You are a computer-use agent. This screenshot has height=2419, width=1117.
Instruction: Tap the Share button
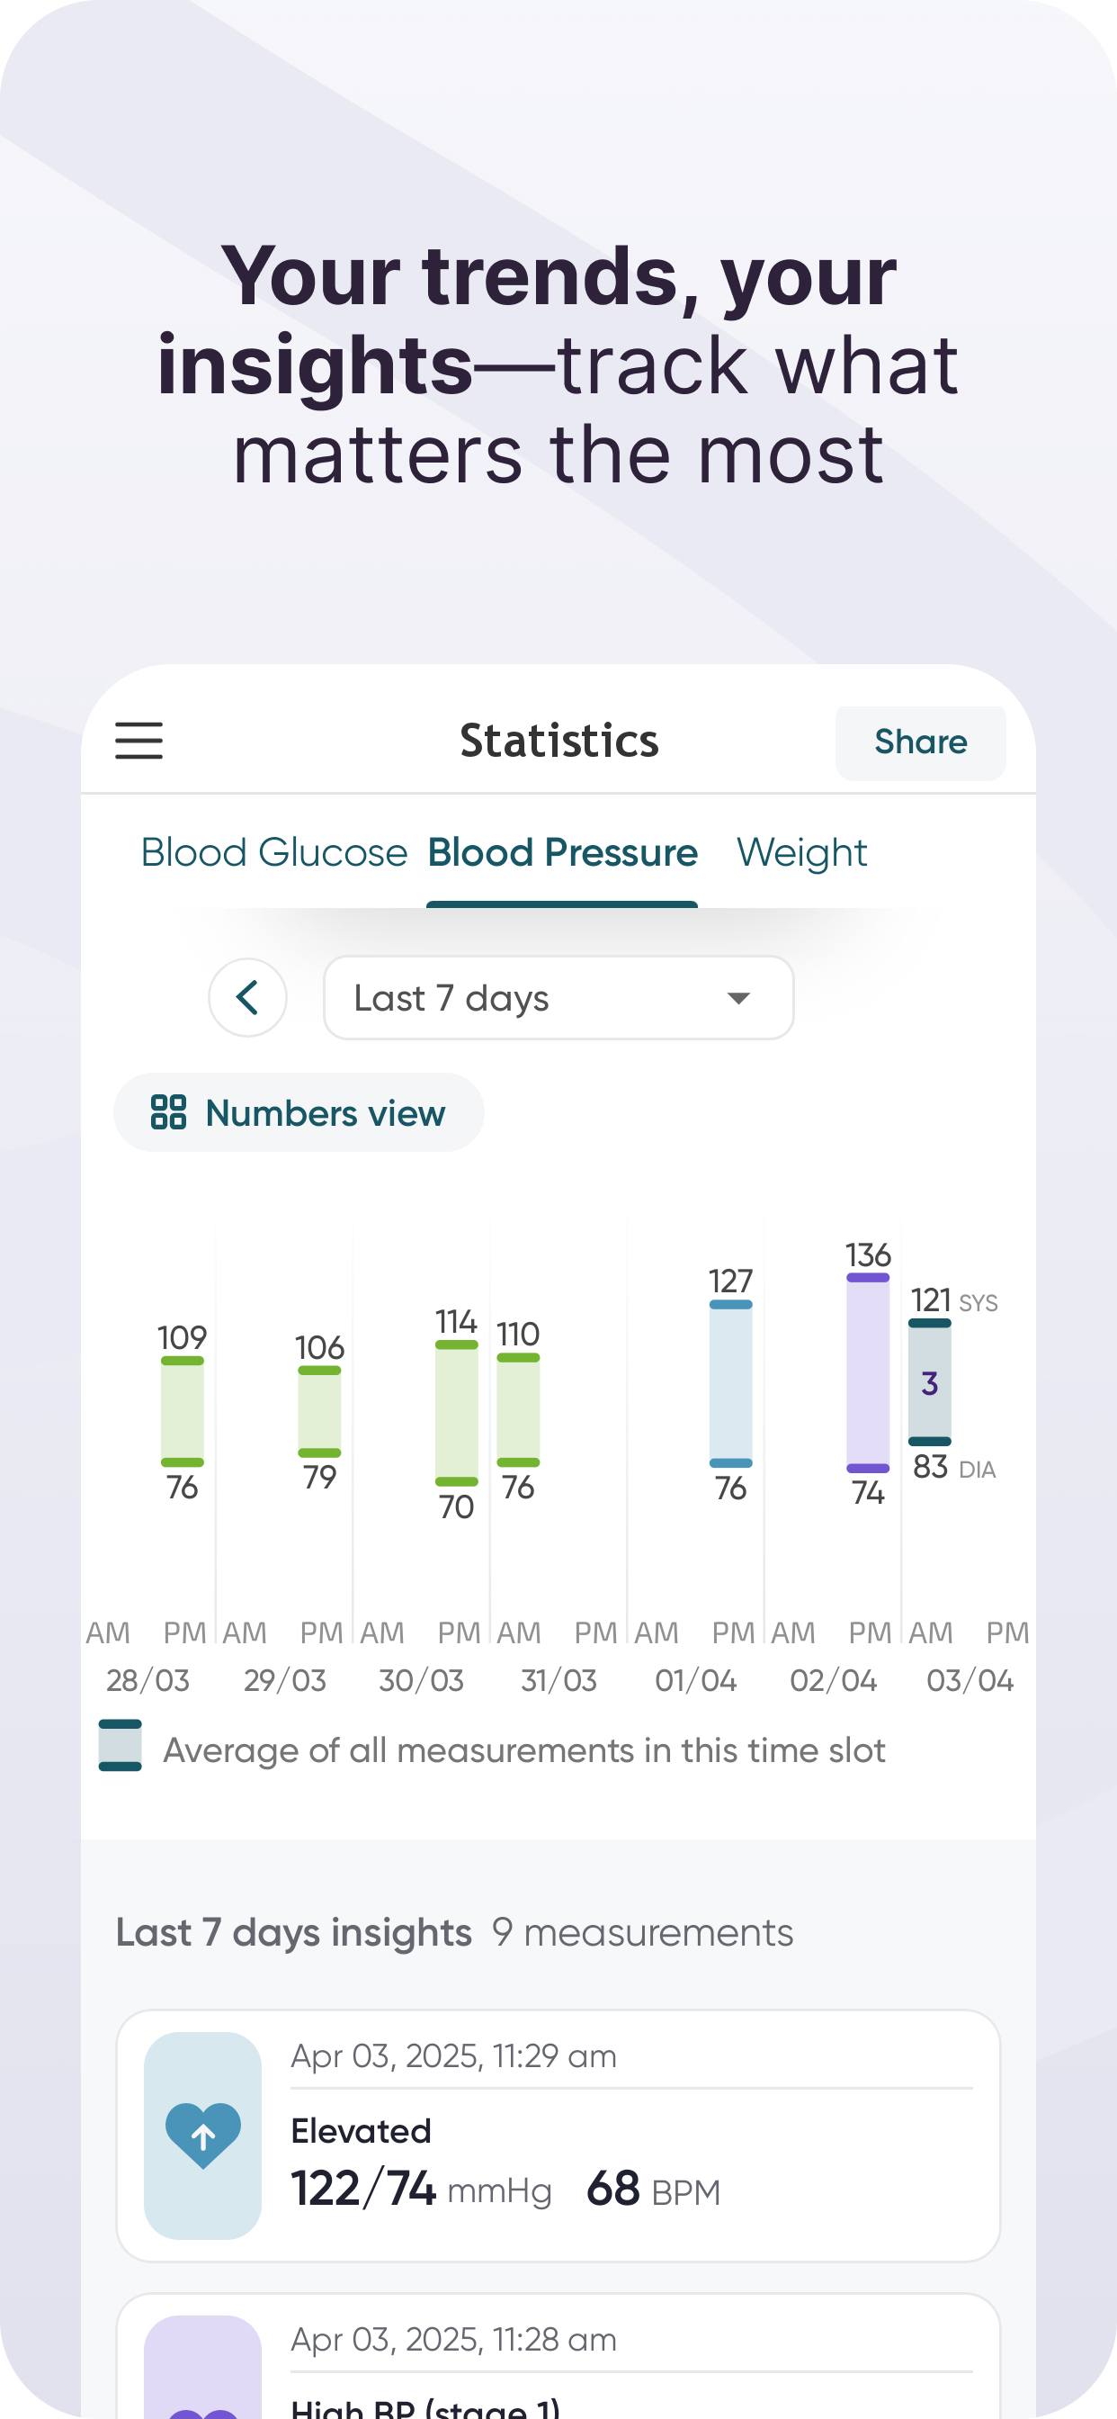click(x=920, y=742)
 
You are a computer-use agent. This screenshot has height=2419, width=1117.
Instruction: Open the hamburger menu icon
click(x=139, y=740)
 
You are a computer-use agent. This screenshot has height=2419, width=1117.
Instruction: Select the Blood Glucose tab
click(x=274, y=852)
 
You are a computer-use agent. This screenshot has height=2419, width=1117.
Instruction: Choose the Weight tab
click(x=801, y=852)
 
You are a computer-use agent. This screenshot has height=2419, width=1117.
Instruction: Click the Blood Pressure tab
click(x=562, y=852)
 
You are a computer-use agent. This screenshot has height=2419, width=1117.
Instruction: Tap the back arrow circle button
click(x=248, y=997)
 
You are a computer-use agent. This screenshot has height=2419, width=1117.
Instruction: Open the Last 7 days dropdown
click(x=558, y=997)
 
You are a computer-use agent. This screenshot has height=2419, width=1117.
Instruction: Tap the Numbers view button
click(x=299, y=1113)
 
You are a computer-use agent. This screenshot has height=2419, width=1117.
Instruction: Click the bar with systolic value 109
click(x=182, y=1410)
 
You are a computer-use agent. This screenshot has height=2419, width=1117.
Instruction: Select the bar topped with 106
click(x=319, y=1410)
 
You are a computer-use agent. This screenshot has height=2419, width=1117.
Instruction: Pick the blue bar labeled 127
click(x=731, y=1382)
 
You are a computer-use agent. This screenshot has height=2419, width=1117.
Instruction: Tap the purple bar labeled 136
click(x=868, y=1373)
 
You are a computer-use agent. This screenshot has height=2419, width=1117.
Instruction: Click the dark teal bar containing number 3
click(x=929, y=1382)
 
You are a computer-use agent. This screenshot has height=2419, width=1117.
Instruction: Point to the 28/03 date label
click(x=148, y=1680)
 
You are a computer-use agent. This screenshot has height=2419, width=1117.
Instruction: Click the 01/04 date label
click(x=695, y=1680)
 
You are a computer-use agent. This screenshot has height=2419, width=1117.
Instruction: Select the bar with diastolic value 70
click(x=456, y=1413)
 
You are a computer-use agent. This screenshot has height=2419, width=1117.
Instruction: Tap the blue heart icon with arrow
click(x=202, y=2136)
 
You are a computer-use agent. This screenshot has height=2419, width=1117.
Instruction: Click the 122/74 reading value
click(x=363, y=2189)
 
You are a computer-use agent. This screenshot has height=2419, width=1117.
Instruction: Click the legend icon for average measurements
click(x=121, y=1746)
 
